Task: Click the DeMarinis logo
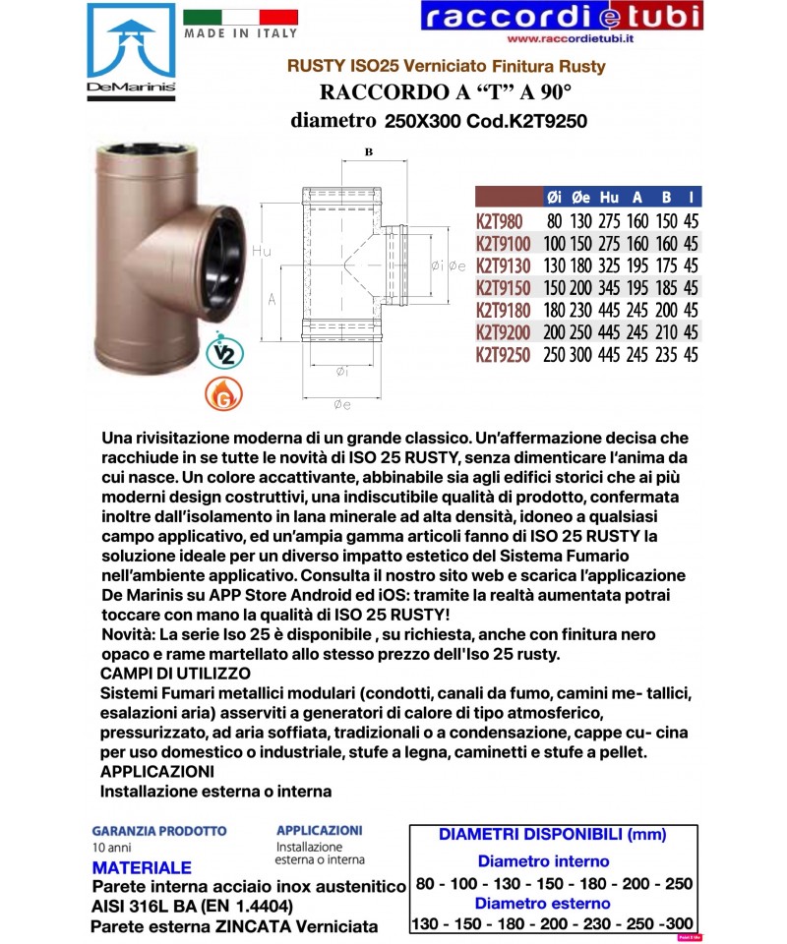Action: click(x=131, y=52)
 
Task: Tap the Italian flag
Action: click(x=240, y=17)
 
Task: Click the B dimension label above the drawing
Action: click(x=368, y=152)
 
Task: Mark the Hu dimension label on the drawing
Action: click(x=261, y=251)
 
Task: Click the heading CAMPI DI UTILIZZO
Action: click(x=176, y=674)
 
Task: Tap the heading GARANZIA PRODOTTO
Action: click(x=159, y=831)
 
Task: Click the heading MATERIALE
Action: click(x=142, y=868)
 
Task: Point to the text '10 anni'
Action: click(x=110, y=848)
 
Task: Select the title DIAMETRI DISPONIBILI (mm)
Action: click(x=553, y=835)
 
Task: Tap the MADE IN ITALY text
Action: click(x=240, y=32)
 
